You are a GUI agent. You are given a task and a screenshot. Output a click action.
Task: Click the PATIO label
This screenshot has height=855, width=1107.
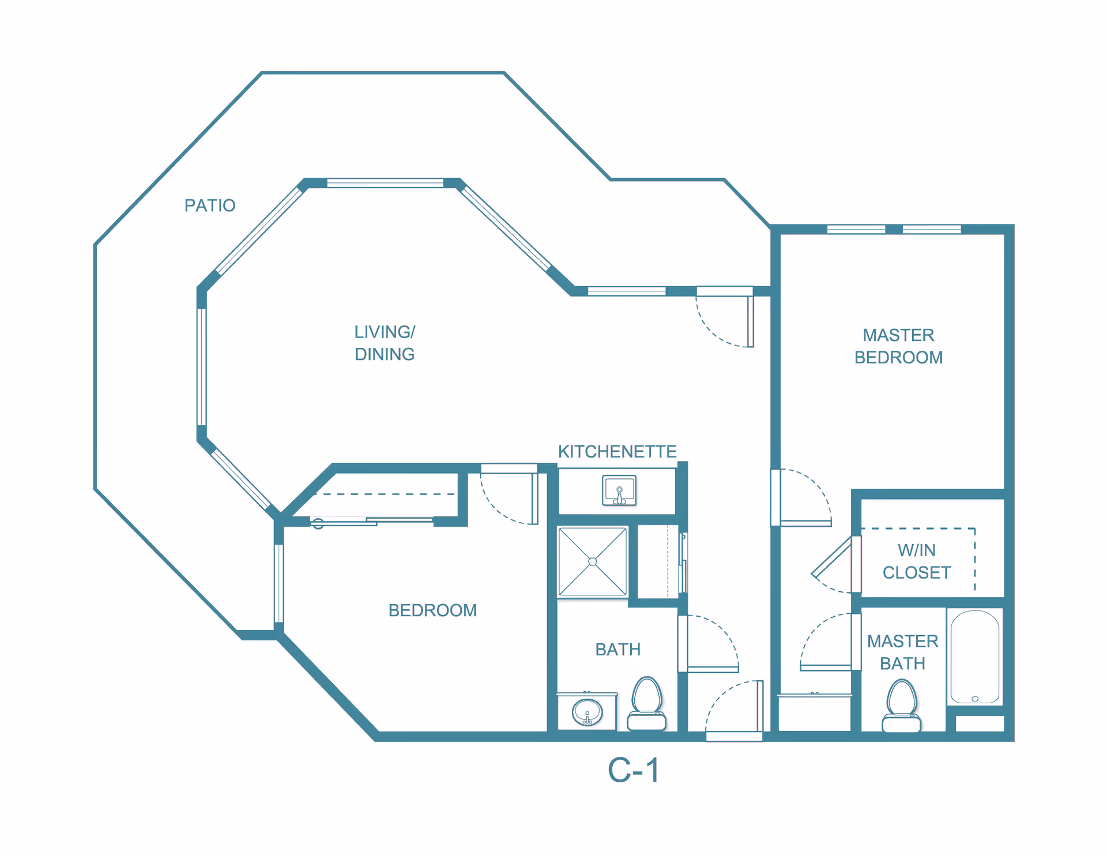point(210,205)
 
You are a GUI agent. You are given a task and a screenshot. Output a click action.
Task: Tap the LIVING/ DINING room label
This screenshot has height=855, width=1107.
point(385,343)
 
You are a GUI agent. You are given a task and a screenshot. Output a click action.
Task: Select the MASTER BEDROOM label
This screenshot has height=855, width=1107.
point(898,346)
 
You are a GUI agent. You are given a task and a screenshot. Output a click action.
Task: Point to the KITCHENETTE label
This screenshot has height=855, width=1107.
point(617,451)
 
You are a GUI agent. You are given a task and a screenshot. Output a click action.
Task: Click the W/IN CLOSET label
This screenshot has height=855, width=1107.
point(917,561)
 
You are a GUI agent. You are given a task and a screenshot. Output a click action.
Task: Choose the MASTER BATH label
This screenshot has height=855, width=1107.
point(903,652)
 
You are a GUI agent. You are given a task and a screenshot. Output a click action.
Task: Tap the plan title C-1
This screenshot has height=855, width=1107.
point(634,770)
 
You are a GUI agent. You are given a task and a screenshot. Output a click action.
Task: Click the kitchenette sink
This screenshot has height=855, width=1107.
point(619,490)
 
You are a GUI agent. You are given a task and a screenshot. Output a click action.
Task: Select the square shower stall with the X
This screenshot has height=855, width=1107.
point(593,561)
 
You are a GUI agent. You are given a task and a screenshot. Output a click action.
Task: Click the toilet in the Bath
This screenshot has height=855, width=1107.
point(647,704)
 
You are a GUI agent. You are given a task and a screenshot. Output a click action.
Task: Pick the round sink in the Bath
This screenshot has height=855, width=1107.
point(588,712)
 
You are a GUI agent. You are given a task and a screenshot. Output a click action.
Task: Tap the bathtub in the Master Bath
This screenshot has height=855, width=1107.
point(975,657)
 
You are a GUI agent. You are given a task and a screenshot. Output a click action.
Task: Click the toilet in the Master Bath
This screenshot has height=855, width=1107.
point(902,706)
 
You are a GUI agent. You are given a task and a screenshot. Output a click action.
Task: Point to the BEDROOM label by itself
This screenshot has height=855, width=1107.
point(432,610)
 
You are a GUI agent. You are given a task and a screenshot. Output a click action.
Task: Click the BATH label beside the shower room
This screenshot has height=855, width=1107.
point(618,650)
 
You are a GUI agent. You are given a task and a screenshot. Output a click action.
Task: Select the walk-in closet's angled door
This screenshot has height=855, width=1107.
point(831,557)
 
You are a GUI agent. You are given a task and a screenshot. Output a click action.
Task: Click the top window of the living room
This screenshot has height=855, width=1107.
point(385,183)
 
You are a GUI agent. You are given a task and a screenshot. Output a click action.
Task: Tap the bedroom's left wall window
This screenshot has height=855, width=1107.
point(279,583)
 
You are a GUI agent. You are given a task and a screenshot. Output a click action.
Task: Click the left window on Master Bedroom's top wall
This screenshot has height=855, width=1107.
point(856,230)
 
